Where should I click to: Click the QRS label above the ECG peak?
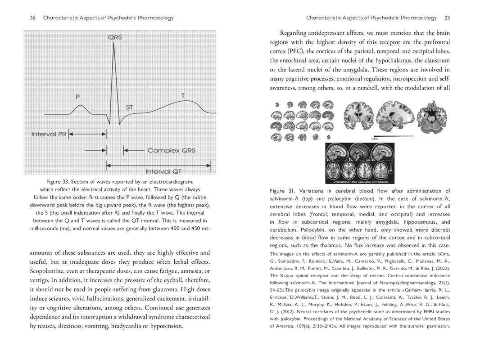click(x=114, y=38)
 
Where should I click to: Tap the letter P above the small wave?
click(x=78, y=96)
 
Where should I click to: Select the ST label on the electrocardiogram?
click(x=129, y=107)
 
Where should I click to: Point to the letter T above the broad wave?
click(x=182, y=95)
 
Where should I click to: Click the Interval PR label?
click(x=49, y=134)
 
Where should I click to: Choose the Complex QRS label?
click(x=171, y=150)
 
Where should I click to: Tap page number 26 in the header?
click(x=32, y=18)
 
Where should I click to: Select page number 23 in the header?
click(x=447, y=18)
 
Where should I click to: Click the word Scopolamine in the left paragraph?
click(x=50, y=271)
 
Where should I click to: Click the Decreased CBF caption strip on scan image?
click(x=359, y=182)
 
